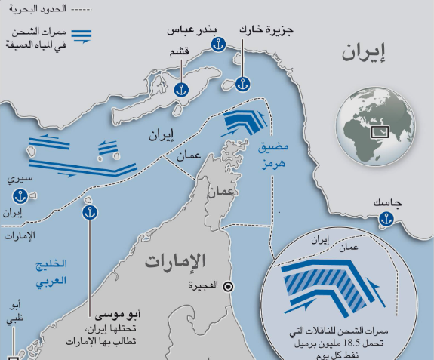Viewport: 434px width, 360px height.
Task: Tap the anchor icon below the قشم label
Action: coord(180,89)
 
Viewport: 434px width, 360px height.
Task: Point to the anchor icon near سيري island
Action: coord(18,196)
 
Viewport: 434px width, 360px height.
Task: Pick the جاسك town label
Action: coord(387,204)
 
